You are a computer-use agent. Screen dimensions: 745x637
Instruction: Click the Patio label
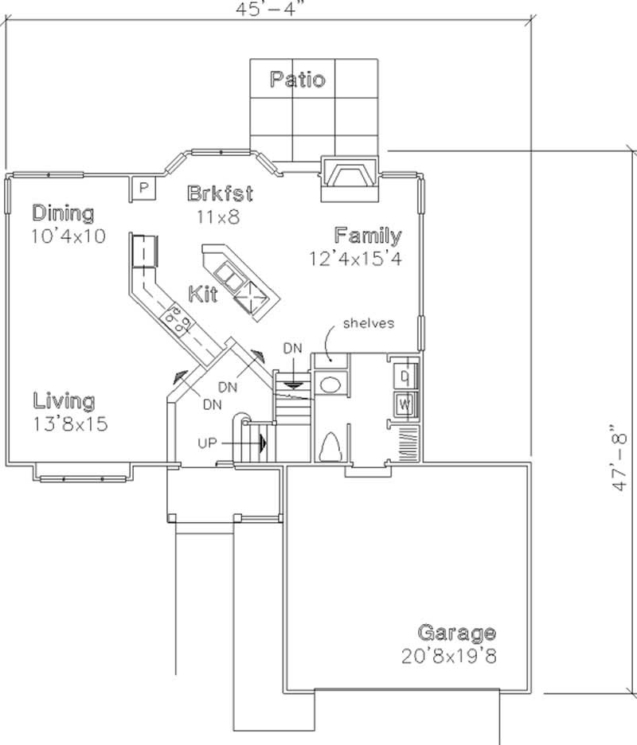pyautogui.click(x=296, y=79)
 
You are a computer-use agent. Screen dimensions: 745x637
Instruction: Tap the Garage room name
pyautogui.click(x=456, y=634)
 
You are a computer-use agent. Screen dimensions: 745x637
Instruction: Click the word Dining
pyautogui.click(x=63, y=213)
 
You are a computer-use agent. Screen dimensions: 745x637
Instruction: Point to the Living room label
pyautogui.click(x=64, y=401)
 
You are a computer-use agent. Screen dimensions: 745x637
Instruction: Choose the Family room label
pyautogui.click(x=367, y=236)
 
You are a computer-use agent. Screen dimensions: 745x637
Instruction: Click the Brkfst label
pyautogui.click(x=221, y=193)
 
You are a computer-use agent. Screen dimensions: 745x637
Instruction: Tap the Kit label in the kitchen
pyautogui.click(x=203, y=293)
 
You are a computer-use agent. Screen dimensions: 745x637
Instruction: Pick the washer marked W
pyautogui.click(x=404, y=404)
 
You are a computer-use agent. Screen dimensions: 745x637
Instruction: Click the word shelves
pyautogui.click(x=369, y=323)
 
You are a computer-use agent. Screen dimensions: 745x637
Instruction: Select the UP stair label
pyautogui.click(x=208, y=442)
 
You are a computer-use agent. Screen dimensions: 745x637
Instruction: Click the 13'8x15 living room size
pyautogui.click(x=70, y=423)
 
